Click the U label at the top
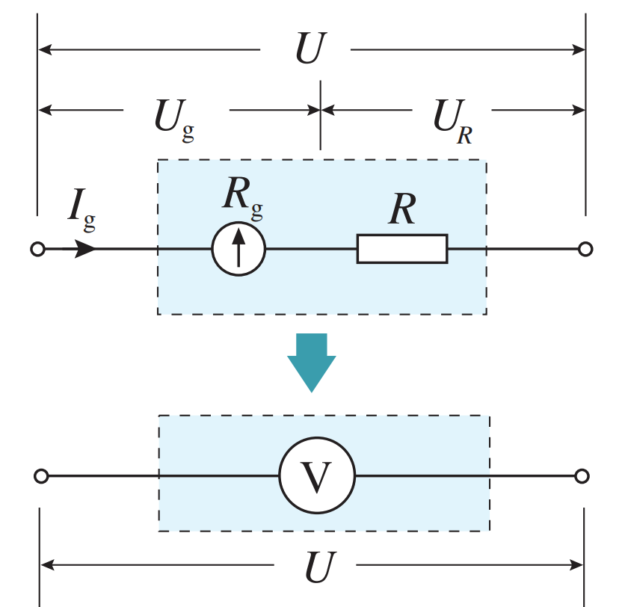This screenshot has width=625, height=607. click(x=310, y=49)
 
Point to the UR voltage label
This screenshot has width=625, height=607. click(x=452, y=117)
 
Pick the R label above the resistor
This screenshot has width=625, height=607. click(x=403, y=212)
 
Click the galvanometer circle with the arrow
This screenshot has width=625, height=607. click(x=238, y=248)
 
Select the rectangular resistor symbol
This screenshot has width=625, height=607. click(x=402, y=249)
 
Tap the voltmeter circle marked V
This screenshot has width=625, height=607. click(x=317, y=475)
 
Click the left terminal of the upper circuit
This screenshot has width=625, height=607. click(x=38, y=249)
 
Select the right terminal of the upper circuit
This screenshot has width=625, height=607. click(x=585, y=249)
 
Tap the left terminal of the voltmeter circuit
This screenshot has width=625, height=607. click(x=42, y=476)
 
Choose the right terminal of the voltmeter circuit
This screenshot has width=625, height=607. click(x=582, y=476)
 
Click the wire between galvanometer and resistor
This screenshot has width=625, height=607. click(x=311, y=249)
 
